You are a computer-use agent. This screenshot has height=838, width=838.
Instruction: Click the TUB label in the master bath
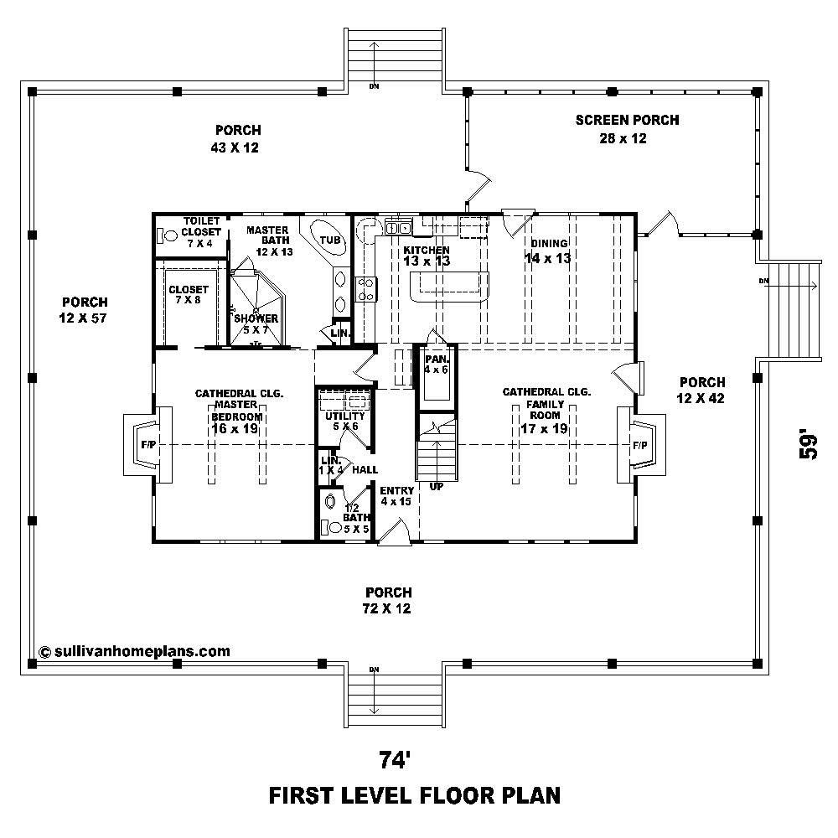[330, 241]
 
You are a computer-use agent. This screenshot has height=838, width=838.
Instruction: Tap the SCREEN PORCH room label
[627, 129]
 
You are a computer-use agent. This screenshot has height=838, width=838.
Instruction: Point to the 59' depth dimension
[809, 444]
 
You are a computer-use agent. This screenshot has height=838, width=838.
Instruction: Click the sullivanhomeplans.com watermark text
[134, 650]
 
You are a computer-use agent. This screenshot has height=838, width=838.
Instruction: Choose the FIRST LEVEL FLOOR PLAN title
[414, 794]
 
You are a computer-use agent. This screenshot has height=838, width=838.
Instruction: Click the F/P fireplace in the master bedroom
[148, 444]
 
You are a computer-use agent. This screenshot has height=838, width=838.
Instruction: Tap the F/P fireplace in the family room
[639, 444]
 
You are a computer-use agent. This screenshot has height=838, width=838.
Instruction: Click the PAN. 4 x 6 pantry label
[436, 364]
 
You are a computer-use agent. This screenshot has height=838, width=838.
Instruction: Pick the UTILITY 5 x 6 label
[344, 421]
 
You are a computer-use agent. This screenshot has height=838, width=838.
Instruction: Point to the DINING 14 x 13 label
[548, 251]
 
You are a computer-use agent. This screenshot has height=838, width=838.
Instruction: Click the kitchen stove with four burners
[367, 289]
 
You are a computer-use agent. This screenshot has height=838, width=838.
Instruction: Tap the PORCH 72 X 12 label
[388, 600]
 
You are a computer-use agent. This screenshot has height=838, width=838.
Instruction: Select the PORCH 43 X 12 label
[237, 138]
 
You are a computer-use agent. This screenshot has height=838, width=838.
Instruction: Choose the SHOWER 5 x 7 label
[256, 323]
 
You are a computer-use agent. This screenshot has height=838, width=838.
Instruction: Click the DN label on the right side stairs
[763, 280]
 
